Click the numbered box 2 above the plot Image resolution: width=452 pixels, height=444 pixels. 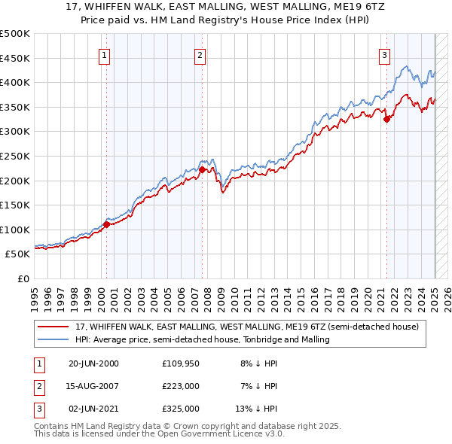click(200, 54)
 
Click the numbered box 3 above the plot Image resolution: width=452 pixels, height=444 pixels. click(384, 54)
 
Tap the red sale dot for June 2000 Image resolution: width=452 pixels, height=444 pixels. click(107, 224)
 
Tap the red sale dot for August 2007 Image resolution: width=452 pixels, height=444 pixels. click(203, 169)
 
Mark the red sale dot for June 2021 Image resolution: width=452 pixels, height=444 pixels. click(386, 118)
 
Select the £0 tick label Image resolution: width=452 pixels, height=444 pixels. click(23, 278)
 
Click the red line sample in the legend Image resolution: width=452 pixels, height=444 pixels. click(53, 327)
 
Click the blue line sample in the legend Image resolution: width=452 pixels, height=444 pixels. click(53, 339)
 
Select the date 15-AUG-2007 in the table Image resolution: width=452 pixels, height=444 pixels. click(93, 386)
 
